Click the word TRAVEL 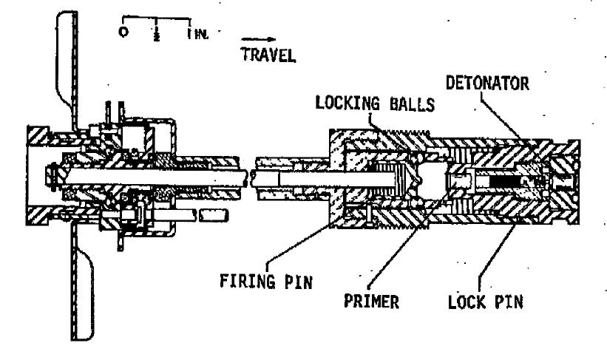pyautogui.click(x=268, y=55)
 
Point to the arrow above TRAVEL pyautogui.click(x=259, y=39)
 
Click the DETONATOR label pyautogui.click(x=487, y=84)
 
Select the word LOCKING pyautogui.click(x=347, y=103)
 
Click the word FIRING pyautogui.click(x=248, y=281)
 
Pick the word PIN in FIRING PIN pyautogui.click(x=299, y=282)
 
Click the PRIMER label pyautogui.click(x=371, y=301)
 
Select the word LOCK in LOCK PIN pyautogui.click(x=467, y=302)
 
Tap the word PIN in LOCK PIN pyautogui.click(x=509, y=302)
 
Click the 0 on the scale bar pyautogui.click(x=123, y=32)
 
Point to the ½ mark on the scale pyautogui.click(x=157, y=34)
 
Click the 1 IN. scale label pyautogui.click(x=198, y=34)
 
